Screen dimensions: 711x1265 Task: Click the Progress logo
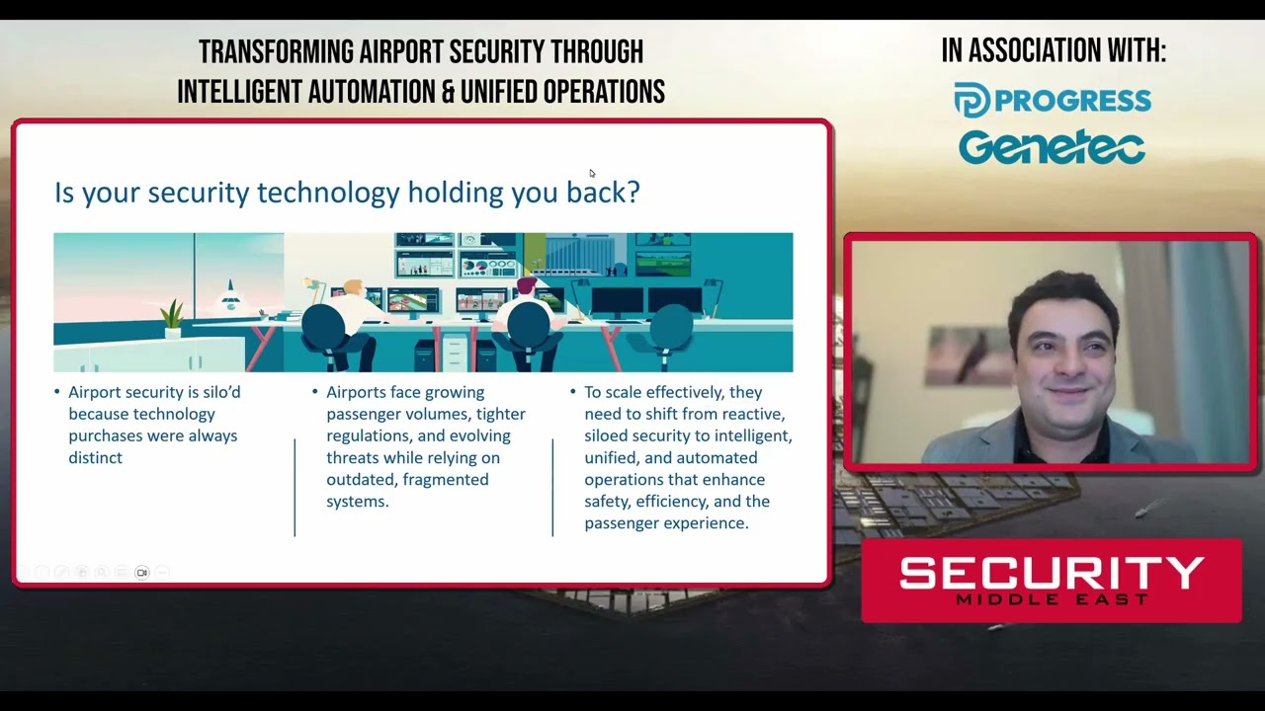(1053, 101)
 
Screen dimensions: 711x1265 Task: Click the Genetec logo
(1052, 148)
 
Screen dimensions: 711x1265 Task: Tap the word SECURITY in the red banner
(1052, 574)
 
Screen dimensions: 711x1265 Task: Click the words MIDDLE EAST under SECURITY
(1052, 599)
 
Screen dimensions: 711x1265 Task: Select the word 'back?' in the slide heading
(603, 192)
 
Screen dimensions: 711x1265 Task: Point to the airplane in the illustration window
(230, 296)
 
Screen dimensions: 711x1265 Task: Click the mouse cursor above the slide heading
(592, 174)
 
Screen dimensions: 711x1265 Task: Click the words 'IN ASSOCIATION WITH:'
(1053, 51)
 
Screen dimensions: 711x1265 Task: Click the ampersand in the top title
(448, 93)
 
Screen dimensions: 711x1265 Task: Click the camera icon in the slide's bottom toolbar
(142, 573)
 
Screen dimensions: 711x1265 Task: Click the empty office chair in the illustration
(671, 331)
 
